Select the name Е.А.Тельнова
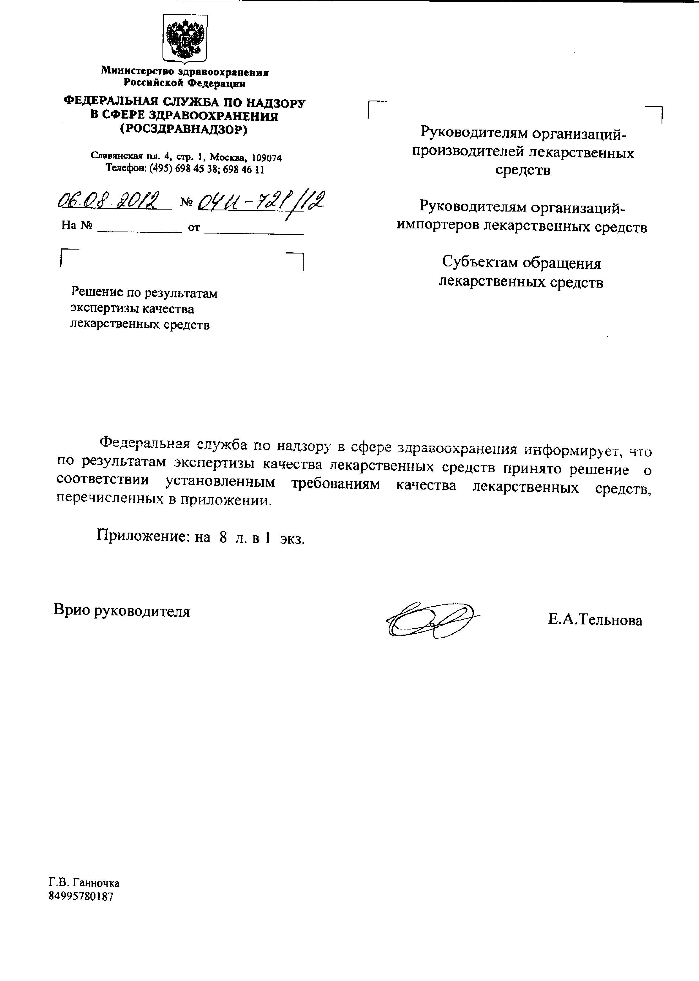[595, 620]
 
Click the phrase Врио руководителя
[121, 611]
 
